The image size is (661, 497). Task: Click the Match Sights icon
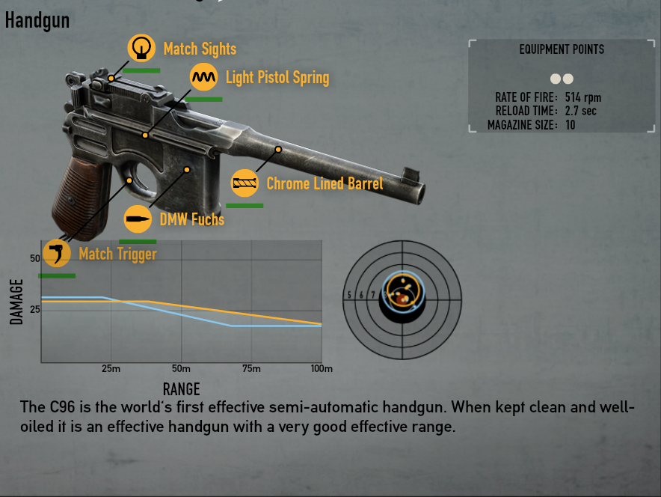pyautogui.click(x=141, y=49)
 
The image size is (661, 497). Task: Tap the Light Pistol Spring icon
pyautogui.click(x=203, y=77)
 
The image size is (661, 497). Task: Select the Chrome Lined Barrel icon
pyautogui.click(x=245, y=183)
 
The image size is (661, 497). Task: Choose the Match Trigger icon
pyautogui.click(x=57, y=253)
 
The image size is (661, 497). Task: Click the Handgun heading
pyautogui.click(x=37, y=20)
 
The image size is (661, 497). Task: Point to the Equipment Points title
pyautogui.click(x=562, y=49)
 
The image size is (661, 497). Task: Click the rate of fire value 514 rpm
pyautogui.click(x=583, y=97)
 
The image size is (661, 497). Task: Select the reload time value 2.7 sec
pyautogui.click(x=581, y=111)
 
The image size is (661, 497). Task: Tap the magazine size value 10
pyautogui.click(x=571, y=125)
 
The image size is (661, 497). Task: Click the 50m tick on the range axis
pyautogui.click(x=181, y=369)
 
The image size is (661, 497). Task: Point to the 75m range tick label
pyautogui.click(x=252, y=369)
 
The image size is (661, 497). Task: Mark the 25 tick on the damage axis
pyautogui.click(x=34, y=309)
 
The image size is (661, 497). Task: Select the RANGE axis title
pyautogui.click(x=181, y=388)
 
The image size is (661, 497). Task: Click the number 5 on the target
pyautogui.click(x=349, y=295)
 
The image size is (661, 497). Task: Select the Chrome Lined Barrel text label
pyautogui.click(x=325, y=183)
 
